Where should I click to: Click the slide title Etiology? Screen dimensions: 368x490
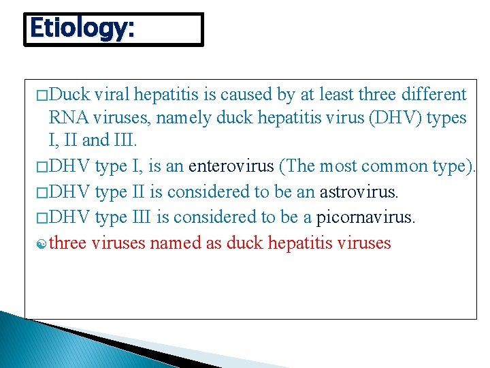pyautogui.click(x=82, y=29)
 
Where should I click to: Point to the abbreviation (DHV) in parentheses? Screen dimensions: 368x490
pyautogui.click(x=403, y=117)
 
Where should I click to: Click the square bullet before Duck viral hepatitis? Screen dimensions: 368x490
pyautogui.click(x=43, y=95)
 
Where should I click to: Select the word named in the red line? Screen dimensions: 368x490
pyautogui.click(x=177, y=243)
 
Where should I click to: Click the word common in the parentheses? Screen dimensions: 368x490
pyautogui.click(x=389, y=166)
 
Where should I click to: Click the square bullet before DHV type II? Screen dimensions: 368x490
pyautogui.click(x=43, y=193)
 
